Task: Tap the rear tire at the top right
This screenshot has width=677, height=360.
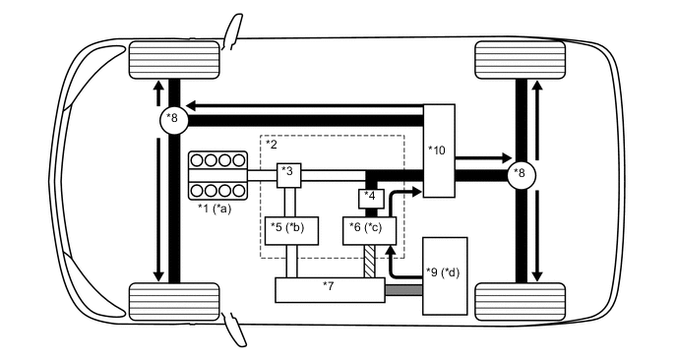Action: click(x=520, y=61)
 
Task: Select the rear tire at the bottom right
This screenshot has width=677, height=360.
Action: click(x=520, y=299)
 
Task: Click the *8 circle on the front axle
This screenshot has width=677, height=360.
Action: click(x=173, y=119)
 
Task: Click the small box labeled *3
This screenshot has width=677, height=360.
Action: click(x=287, y=175)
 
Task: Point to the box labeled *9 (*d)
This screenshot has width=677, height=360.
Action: click(x=445, y=275)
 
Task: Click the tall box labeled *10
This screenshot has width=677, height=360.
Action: click(x=439, y=150)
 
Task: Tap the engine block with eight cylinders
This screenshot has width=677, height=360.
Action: click(x=216, y=175)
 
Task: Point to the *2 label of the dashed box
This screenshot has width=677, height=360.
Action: click(x=273, y=145)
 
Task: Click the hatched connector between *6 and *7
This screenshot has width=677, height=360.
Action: click(x=371, y=262)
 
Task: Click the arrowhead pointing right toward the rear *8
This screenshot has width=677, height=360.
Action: click(x=505, y=156)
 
